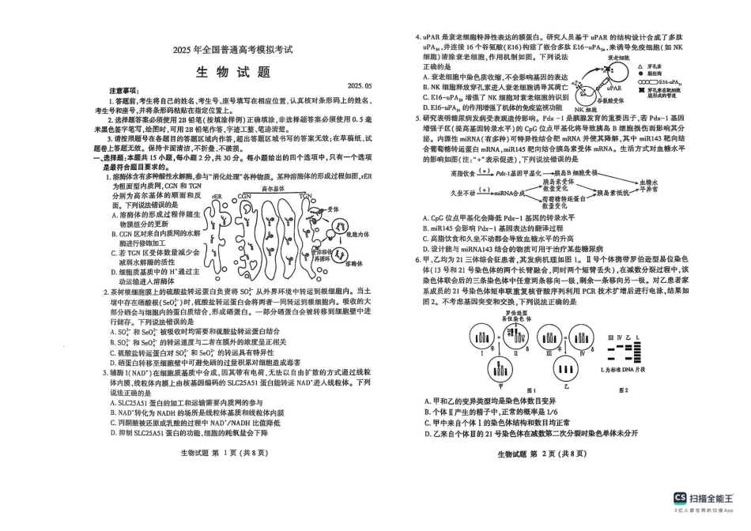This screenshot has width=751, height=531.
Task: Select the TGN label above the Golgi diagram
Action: click(x=306, y=194)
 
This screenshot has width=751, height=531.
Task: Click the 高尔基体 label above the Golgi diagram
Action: click(x=273, y=189)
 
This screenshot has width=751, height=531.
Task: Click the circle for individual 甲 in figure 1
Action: click(x=499, y=367)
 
